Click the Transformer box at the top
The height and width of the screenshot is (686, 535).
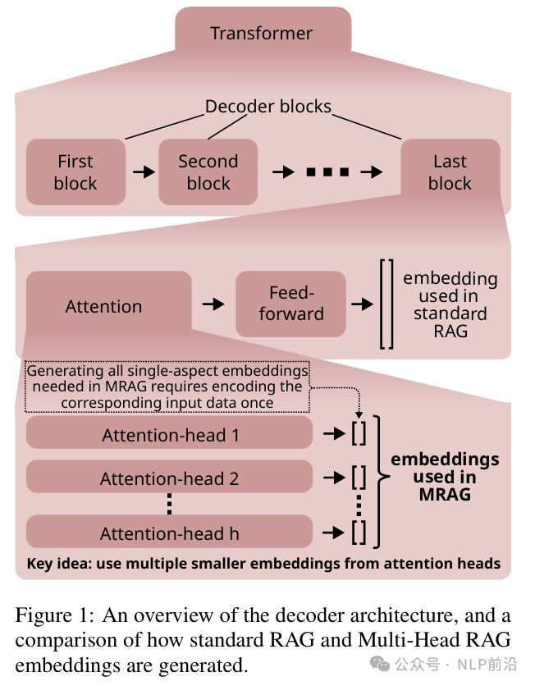click(262, 34)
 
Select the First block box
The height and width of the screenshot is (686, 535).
click(75, 172)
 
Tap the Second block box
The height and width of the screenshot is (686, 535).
click(208, 172)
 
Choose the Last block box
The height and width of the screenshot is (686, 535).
click(450, 172)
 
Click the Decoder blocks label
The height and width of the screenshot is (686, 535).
click(267, 107)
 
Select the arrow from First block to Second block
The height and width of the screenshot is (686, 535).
click(143, 172)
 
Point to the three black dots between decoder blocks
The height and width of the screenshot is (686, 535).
click(327, 172)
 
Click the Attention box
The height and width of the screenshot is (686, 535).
click(104, 306)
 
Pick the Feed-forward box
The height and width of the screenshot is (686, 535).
click(290, 304)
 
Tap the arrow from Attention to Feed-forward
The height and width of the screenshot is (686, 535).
click(213, 304)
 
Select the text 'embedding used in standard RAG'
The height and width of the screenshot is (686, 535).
click(450, 304)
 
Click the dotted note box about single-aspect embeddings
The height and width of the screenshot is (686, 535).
click(167, 386)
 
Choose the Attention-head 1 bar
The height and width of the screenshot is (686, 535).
click(170, 433)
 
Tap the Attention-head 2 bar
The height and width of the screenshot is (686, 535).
click(170, 478)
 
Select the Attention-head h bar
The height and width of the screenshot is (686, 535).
click(170, 533)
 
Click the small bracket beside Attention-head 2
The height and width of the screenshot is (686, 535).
click(359, 477)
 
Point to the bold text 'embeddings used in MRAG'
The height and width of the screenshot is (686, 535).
click(445, 477)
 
